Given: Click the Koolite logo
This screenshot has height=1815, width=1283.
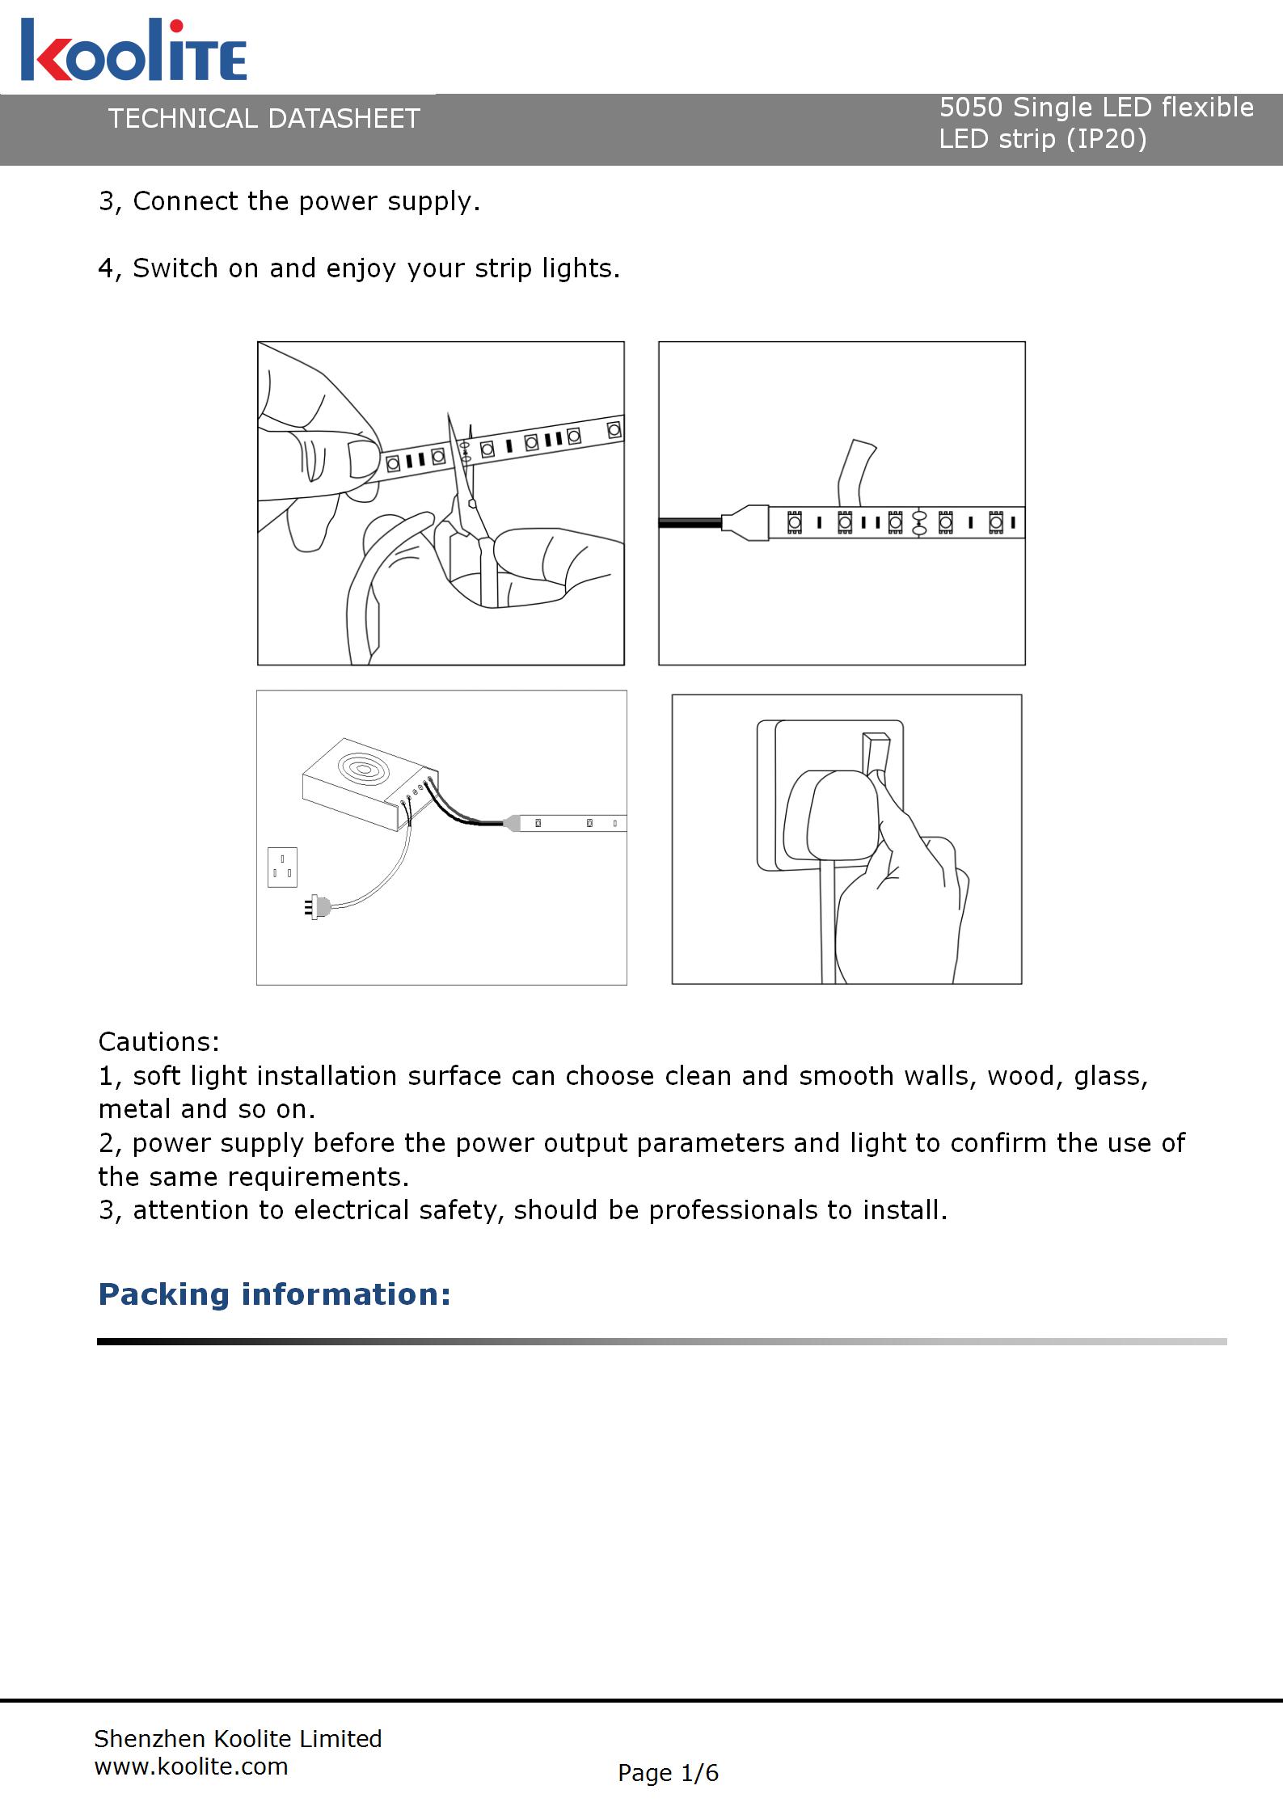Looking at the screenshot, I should (133, 51).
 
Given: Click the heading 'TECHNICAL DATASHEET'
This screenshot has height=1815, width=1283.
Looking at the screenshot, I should (264, 119).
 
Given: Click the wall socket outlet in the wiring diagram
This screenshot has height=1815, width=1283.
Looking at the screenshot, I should (282, 867).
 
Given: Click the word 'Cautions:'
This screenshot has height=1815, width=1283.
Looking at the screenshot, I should (159, 1041).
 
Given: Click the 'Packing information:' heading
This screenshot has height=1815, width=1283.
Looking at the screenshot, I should (274, 1294).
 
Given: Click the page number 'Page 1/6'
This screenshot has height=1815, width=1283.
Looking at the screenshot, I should (668, 1773).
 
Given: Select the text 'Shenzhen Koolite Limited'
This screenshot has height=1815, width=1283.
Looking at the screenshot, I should (238, 1738).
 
